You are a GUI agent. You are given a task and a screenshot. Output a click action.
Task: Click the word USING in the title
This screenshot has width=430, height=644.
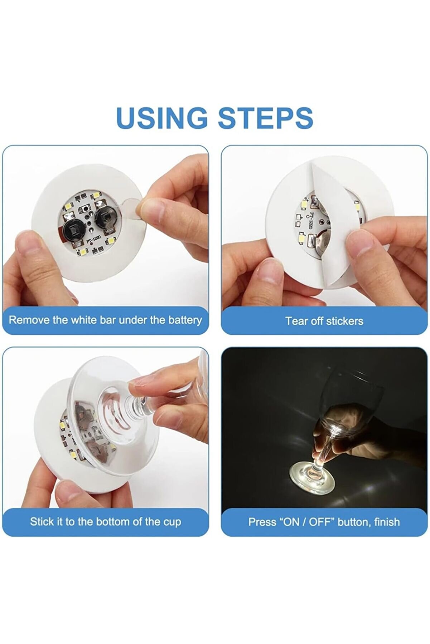point(162,118)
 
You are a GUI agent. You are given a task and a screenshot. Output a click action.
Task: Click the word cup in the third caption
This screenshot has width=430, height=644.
point(172,522)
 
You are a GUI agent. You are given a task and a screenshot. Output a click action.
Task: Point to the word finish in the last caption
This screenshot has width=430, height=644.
point(387,522)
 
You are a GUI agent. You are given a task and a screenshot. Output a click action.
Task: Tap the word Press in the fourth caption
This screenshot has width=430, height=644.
point(261,522)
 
